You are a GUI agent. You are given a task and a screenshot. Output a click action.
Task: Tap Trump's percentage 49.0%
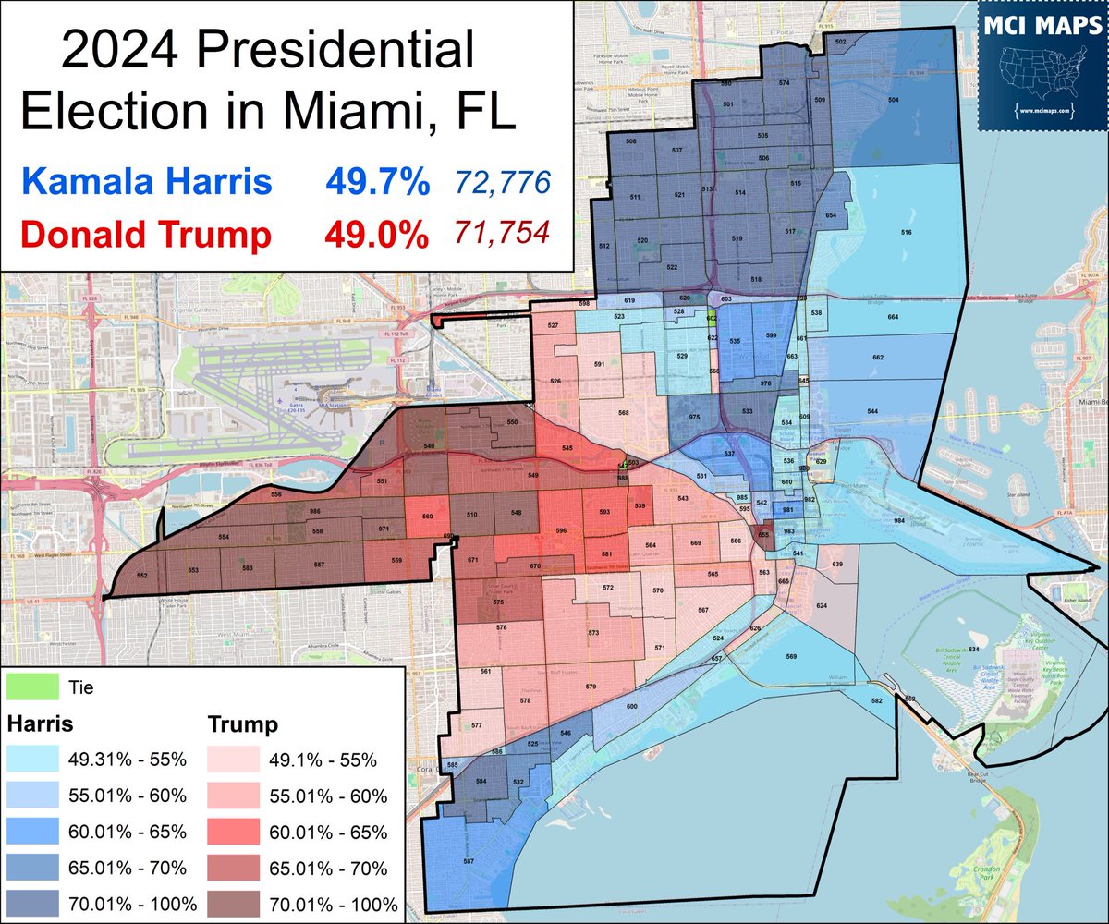[x=376, y=235]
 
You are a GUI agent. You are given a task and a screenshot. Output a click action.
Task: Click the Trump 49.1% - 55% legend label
[x=323, y=760]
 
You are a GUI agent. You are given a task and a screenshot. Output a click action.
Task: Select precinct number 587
[x=469, y=861]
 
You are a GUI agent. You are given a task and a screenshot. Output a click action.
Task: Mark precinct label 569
[x=791, y=657]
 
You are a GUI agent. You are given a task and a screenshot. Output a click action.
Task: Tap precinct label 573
[x=593, y=633]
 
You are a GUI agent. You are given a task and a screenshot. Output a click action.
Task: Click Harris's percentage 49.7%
[x=376, y=182]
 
